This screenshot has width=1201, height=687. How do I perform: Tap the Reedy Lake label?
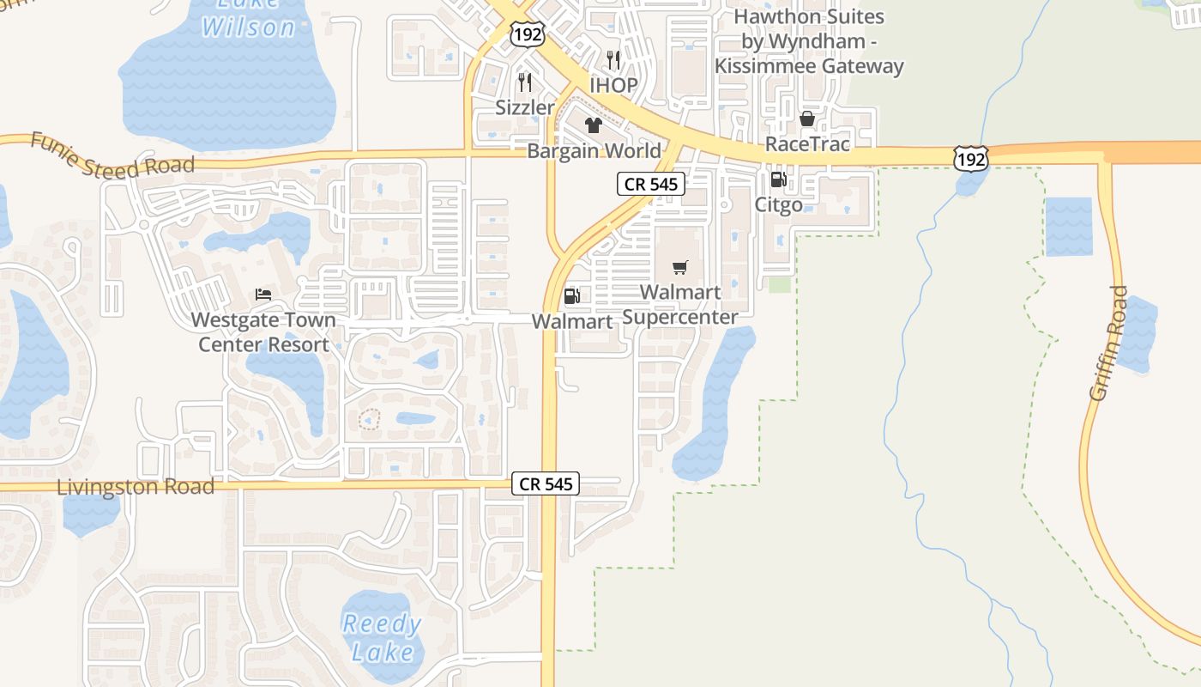tap(382, 637)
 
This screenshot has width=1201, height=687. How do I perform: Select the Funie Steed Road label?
tap(112, 155)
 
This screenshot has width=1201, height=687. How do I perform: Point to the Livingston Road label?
tap(136, 487)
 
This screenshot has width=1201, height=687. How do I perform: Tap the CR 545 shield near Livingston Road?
tap(546, 483)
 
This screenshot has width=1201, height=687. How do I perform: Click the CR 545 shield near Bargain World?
tap(651, 184)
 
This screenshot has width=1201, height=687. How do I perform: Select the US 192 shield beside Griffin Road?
tap(969, 158)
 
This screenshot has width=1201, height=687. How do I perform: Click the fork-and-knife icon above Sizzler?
tap(525, 82)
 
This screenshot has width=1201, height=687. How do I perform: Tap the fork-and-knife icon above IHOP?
tap(613, 59)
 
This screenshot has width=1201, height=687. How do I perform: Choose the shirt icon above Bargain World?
tap(594, 126)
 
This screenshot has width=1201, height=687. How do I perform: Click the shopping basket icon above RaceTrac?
tap(806, 119)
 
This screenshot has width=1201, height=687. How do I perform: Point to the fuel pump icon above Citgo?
tap(778, 179)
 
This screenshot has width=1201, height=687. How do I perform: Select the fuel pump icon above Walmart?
tap(571, 296)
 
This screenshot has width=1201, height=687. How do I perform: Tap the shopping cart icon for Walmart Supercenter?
tap(680, 267)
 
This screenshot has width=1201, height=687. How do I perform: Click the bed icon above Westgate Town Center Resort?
tap(263, 295)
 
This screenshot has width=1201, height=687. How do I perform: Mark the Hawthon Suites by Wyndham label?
tap(809, 41)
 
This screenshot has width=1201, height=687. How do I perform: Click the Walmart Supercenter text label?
tap(680, 305)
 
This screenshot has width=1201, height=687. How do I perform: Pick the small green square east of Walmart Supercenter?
tap(779, 284)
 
